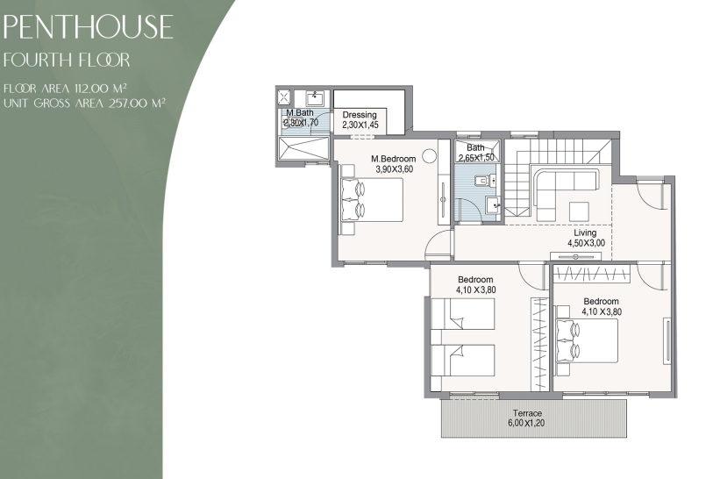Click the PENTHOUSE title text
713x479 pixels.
tap(88, 26)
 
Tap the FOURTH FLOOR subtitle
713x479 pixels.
tap(67, 60)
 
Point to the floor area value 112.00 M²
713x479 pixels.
tap(101, 89)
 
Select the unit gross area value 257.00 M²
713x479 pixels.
tap(137, 104)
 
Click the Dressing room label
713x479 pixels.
tap(360, 115)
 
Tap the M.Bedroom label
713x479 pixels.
tap(393, 159)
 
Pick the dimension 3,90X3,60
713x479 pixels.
tap(394, 169)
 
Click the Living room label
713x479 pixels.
tap(585, 232)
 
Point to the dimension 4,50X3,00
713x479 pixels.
tap(586, 243)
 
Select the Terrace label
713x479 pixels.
tap(527, 413)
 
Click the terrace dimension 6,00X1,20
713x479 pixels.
tap(526, 423)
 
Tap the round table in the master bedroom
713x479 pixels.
tap(429, 156)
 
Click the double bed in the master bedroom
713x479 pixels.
tap(373, 200)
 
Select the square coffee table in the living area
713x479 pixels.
tap(580, 212)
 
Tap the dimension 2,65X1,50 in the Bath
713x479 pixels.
tap(476, 158)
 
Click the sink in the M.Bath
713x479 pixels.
tap(315, 98)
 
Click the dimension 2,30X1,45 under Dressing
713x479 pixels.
tap(360, 125)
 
